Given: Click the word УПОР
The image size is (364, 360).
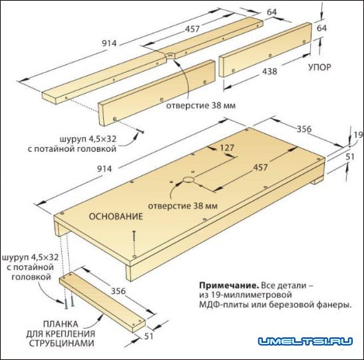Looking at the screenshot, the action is [x=319, y=67].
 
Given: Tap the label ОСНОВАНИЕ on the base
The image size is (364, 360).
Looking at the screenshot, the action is [x=116, y=216].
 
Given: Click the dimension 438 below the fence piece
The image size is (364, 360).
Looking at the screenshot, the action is [x=270, y=71].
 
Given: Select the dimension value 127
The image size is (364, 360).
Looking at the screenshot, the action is [x=227, y=148].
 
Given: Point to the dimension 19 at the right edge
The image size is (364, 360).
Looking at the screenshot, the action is [x=359, y=134].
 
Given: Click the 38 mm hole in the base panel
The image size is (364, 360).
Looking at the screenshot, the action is [x=189, y=180].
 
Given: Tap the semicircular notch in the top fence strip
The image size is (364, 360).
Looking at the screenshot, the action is [x=170, y=55].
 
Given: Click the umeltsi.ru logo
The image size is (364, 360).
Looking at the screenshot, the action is [x=305, y=341].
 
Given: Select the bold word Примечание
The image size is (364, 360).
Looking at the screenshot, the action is [x=229, y=285].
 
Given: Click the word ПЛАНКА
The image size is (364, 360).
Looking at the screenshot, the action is [x=61, y=324].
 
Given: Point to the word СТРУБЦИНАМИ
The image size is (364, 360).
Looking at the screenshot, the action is [x=62, y=343].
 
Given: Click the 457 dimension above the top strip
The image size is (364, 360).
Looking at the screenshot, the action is [x=192, y=29].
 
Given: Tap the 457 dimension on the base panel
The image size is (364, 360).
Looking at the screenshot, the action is [x=260, y=167].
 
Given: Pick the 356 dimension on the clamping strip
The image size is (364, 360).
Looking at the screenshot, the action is [x=118, y=291].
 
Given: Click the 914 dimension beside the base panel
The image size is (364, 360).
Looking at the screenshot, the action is [x=104, y=169].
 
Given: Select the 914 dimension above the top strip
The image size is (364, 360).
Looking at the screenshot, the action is [x=109, y=43].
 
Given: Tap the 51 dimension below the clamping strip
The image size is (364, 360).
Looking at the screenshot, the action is [x=148, y=336].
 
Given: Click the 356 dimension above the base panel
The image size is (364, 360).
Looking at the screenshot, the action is [x=304, y=129].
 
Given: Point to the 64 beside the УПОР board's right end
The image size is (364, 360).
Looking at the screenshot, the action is [x=322, y=28].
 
